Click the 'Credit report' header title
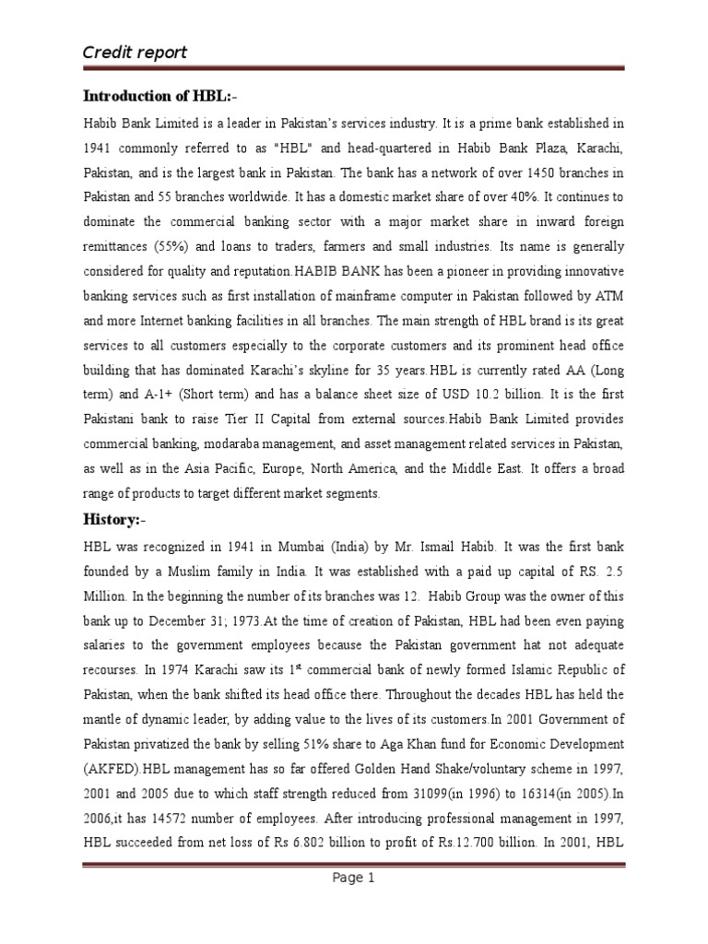coord(136,52)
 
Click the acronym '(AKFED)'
coord(115,768)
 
